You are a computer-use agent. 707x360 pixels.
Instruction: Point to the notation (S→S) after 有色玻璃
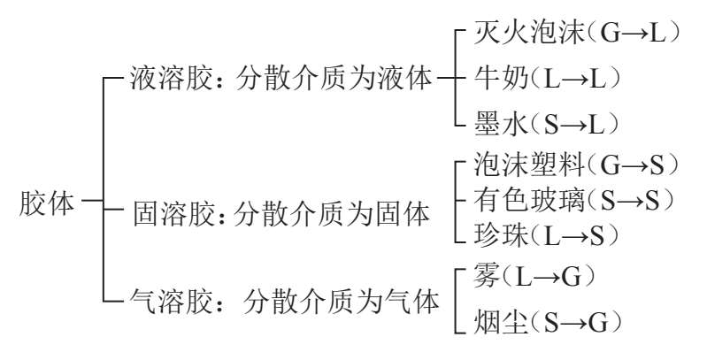point(631,200)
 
